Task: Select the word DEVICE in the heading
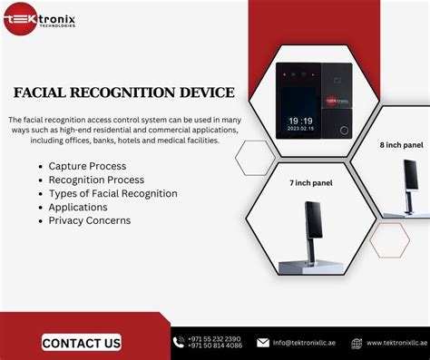point(200,92)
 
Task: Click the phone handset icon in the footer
point(178,342)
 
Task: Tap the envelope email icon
point(263,343)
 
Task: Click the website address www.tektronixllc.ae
point(396,343)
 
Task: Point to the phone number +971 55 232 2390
point(214,338)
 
